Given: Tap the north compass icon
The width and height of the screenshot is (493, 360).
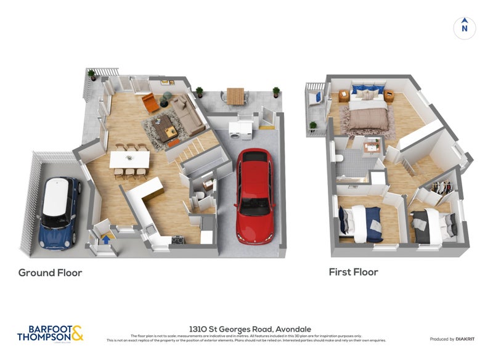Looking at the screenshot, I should (465, 28).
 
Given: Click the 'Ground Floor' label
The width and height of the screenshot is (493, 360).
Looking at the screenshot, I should (50, 272).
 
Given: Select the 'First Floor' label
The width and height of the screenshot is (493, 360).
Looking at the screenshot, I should (353, 272).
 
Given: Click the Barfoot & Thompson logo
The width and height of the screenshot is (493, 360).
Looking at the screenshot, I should (50, 333).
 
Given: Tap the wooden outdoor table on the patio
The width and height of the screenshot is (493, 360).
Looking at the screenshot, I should (235, 95).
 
